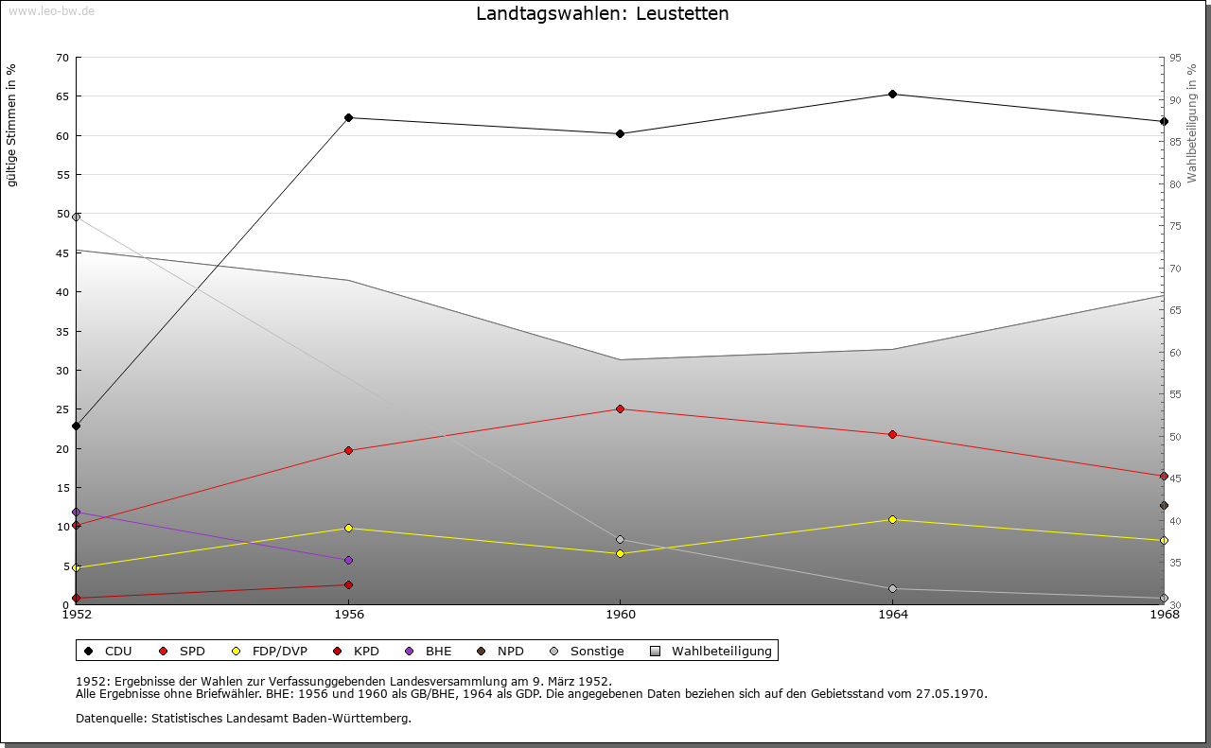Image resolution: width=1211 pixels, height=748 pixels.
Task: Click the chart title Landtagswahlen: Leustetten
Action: [603, 13]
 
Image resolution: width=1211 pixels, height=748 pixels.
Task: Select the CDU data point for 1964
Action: [892, 94]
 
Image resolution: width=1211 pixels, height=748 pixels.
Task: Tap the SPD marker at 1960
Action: [620, 409]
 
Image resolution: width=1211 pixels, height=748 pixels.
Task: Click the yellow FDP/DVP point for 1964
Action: [892, 519]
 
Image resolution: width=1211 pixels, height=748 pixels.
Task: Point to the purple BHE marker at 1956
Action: [348, 560]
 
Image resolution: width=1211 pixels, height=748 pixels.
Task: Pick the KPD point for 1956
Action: [348, 584]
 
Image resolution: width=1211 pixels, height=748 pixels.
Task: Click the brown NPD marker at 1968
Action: [1164, 505]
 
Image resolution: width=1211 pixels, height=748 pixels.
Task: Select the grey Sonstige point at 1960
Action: [620, 540]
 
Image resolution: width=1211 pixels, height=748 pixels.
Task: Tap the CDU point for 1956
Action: [348, 117]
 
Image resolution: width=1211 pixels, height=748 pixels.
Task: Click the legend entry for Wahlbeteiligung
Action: [721, 651]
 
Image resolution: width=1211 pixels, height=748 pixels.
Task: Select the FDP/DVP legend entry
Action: [279, 651]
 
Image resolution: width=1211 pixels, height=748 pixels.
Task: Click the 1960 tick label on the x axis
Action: [620, 614]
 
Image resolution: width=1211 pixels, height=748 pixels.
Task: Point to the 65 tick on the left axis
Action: [61, 96]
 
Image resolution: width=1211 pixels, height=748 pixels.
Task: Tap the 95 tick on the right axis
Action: [1174, 58]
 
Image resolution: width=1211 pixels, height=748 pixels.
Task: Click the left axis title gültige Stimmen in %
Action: [12, 126]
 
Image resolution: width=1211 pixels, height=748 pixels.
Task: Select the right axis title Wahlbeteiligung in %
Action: [1192, 124]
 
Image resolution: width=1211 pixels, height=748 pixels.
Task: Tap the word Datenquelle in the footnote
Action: [108, 718]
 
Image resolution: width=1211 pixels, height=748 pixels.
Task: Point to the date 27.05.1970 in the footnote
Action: [950, 693]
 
